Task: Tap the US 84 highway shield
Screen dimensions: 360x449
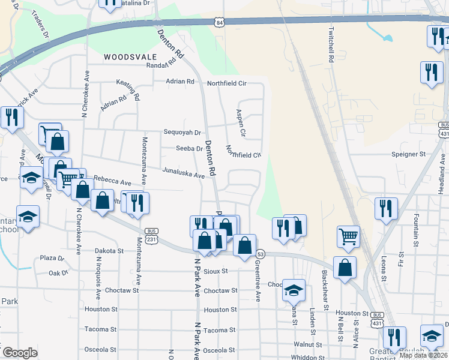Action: pos(220,22)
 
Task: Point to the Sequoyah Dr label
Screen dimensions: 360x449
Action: pos(182,132)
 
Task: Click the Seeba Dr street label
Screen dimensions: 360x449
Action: pos(189,148)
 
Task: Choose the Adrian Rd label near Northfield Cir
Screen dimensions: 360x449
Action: pos(180,81)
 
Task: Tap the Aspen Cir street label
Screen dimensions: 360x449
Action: pos(241,122)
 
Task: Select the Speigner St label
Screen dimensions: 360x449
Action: pos(408,154)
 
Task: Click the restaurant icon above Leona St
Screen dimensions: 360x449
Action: pos(384,208)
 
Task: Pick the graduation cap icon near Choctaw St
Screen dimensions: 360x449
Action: pos(294,290)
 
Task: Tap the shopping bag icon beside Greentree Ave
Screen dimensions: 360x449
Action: pos(244,245)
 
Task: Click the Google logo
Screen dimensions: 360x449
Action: pos(20,353)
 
